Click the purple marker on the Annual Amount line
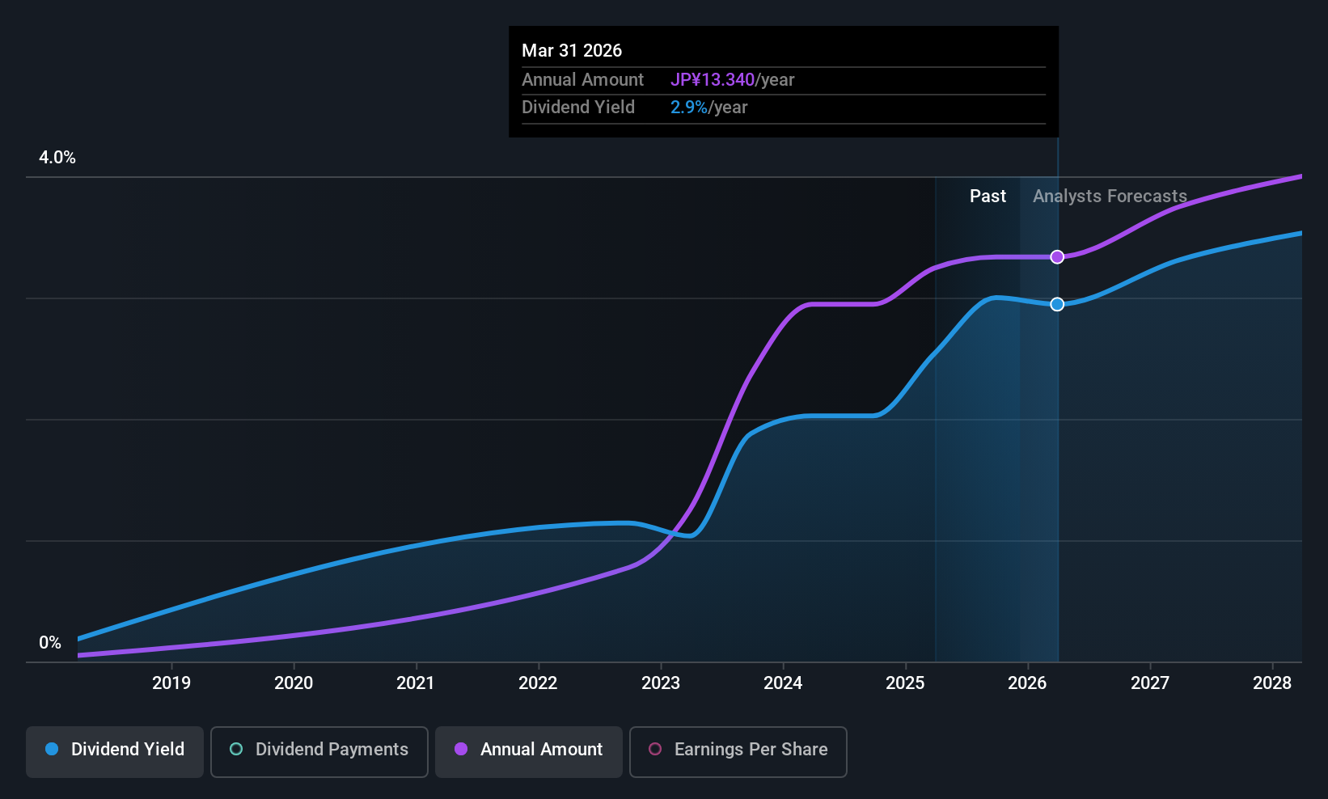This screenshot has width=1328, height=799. [x=1057, y=257]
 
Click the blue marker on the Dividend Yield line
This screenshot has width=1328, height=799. [x=1057, y=304]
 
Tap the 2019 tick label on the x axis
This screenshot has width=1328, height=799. [x=171, y=683]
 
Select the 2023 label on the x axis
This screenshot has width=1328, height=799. [x=661, y=683]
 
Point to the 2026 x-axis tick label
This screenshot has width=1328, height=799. [x=1027, y=683]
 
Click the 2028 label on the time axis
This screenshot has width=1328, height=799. [x=1272, y=683]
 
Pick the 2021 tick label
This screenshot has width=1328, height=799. [x=416, y=683]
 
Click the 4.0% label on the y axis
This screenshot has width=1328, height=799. [x=57, y=158]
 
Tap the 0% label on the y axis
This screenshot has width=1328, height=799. [x=50, y=643]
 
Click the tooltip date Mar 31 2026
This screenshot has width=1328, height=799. [x=572, y=51]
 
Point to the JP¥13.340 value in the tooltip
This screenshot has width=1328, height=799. [x=713, y=80]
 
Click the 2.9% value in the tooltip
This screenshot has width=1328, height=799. [x=689, y=108]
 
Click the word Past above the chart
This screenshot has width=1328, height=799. [x=988, y=197]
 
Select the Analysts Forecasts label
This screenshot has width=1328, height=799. [x=1110, y=197]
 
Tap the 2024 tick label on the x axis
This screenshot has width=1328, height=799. [x=783, y=683]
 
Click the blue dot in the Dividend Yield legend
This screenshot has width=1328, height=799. [x=52, y=749]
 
